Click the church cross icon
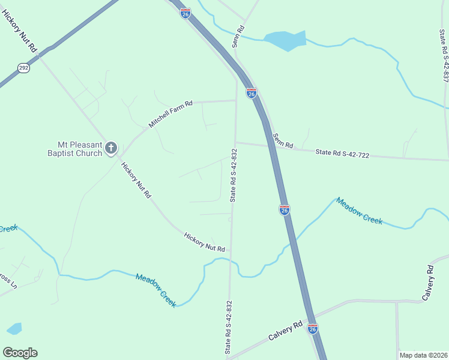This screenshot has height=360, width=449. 111,148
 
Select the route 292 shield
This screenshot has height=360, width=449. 23,68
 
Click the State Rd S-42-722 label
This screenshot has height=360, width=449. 342,154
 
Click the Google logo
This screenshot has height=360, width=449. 20,353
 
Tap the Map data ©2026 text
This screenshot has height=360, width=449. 423,355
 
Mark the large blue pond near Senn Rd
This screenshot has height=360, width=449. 285,40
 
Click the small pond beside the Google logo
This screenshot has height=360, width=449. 14,329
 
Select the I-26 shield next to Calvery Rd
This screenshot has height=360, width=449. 312,329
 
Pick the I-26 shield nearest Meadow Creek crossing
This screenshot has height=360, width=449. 285,209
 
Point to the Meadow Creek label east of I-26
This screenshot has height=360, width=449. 359,211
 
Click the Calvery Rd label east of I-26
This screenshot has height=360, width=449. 428,283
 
